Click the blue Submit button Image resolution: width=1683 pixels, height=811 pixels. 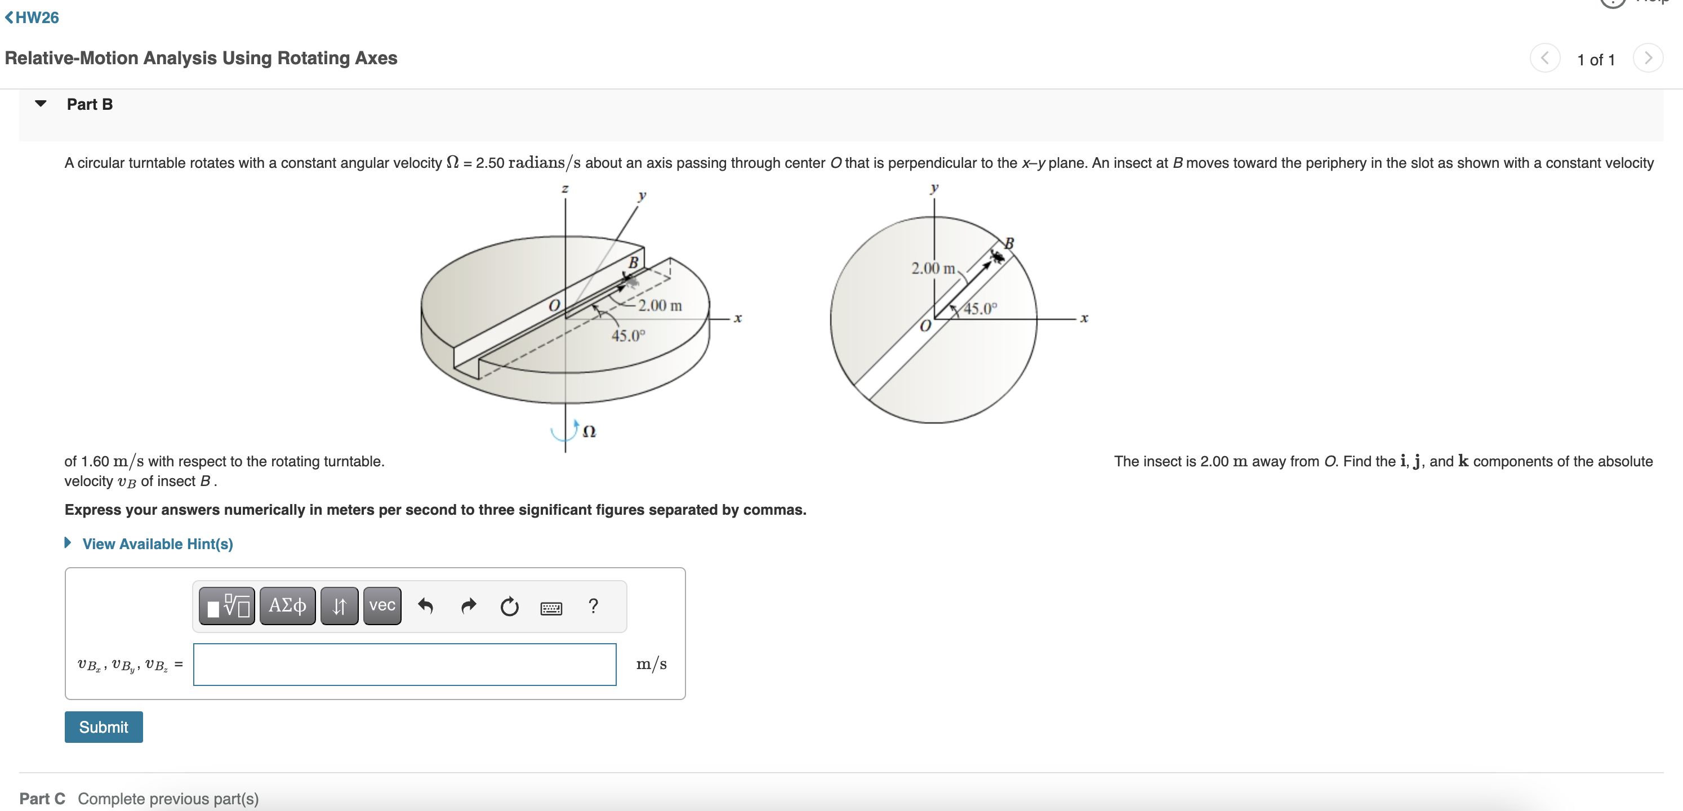click(103, 727)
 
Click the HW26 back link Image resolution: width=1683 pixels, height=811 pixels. click(32, 17)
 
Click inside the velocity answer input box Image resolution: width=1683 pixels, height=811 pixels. click(404, 664)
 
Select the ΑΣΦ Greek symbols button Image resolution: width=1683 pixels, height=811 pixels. click(287, 606)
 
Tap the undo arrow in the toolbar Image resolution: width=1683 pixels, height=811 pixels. click(425, 607)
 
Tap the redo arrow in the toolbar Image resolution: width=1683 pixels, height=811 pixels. click(468, 607)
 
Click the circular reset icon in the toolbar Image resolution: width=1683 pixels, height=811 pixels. click(509, 607)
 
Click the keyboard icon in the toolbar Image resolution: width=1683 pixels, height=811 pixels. click(551, 608)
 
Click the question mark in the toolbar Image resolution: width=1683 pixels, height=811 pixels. click(593, 606)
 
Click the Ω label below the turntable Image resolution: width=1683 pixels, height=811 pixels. click(589, 432)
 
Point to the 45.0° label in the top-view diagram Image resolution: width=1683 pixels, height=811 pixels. click(980, 309)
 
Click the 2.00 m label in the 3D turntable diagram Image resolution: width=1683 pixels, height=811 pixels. click(660, 305)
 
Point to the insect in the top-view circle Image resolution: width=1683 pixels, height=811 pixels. click(997, 257)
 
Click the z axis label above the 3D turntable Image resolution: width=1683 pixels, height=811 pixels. click(565, 189)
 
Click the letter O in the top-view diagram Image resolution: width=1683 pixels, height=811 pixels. click(925, 326)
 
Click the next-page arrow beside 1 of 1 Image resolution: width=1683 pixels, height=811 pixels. click(1647, 59)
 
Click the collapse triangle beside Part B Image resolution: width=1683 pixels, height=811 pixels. click(41, 104)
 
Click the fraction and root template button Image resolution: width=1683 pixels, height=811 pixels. click(226, 606)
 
